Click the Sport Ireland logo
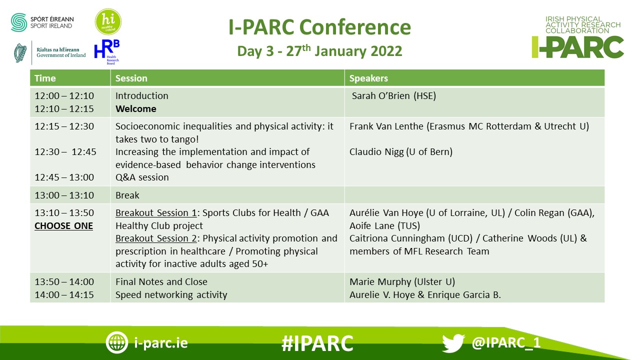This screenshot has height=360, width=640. (x=42, y=22)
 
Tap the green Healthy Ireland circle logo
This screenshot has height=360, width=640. (x=108, y=21)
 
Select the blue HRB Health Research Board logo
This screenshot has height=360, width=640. (x=107, y=52)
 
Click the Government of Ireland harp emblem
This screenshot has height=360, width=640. (x=20, y=53)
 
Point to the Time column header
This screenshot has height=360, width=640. (x=45, y=78)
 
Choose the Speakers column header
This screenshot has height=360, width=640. (x=368, y=78)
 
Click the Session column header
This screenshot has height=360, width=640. (x=131, y=78)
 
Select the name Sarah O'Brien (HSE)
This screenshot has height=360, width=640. (x=394, y=95)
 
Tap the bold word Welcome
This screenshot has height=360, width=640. (x=136, y=109)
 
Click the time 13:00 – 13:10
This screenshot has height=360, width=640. (x=64, y=195)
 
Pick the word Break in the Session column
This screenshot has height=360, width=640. (x=127, y=195)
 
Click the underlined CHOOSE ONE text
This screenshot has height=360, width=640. (x=63, y=226)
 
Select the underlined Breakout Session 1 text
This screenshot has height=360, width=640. (x=156, y=213)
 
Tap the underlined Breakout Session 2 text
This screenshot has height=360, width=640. (x=156, y=238)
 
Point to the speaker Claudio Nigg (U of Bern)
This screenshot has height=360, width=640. (x=401, y=151)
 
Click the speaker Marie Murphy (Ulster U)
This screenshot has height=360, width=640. (x=402, y=282)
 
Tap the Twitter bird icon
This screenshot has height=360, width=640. (x=453, y=343)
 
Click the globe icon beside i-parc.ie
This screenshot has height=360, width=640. (x=116, y=342)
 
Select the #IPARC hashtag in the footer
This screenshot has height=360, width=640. (x=317, y=343)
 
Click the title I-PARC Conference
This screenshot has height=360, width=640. (x=319, y=27)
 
